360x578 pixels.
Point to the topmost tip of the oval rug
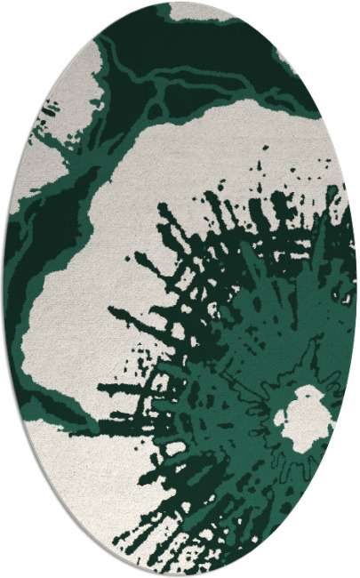[180, 3]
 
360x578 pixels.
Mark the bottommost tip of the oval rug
[180, 575]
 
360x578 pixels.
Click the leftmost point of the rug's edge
[4, 289]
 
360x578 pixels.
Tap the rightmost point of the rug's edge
[356, 289]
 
